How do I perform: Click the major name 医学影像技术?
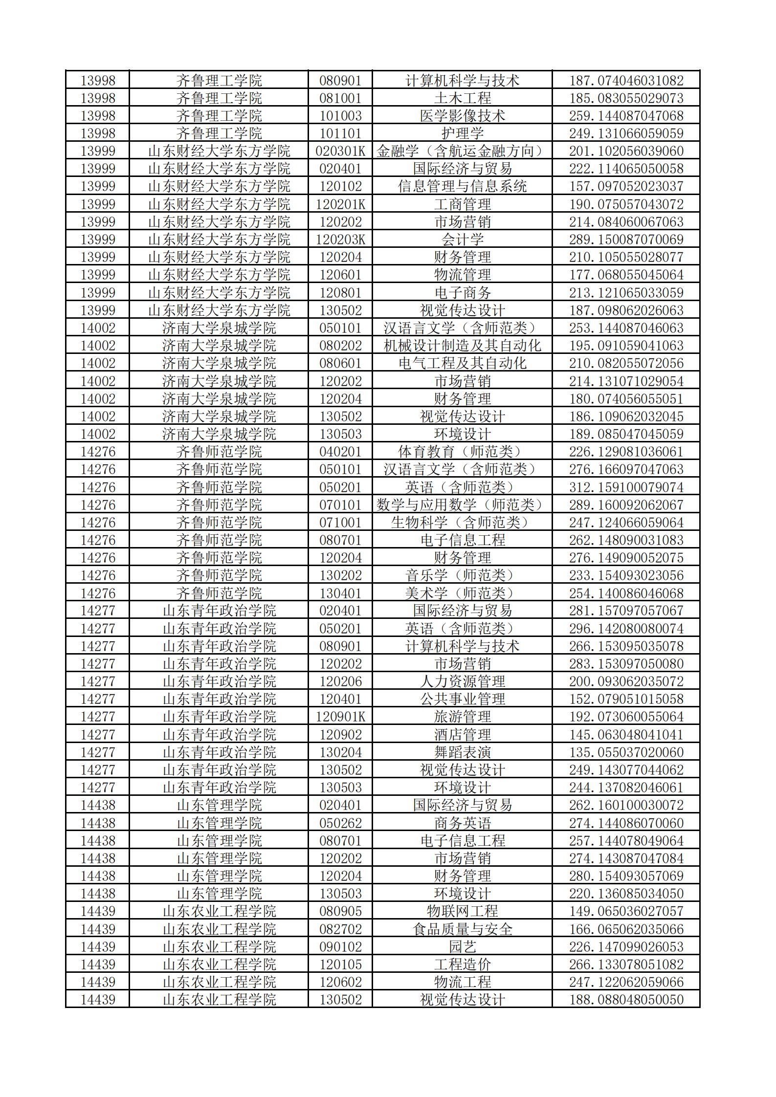[x=462, y=116]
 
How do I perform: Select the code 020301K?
[x=340, y=151]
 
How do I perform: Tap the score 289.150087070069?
[x=626, y=240]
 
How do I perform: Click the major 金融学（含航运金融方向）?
[x=462, y=151]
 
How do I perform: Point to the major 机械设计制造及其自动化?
[x=462, y=346]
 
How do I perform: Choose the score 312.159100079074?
[x=626, y=487]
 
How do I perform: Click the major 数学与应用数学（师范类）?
[x=462, y=505]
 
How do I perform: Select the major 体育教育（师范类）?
[x=462, y=452]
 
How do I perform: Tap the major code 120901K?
[x=340, y=717]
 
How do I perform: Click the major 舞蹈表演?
[x=462, y=752]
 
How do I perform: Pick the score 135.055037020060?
[x=626, y=752]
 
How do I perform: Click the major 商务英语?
[x=462, y=823]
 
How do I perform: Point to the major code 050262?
[x=340, y=823]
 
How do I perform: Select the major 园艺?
[x=462, y=947]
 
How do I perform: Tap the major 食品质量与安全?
[x=462, y=929]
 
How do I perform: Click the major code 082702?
[x=340, y=929]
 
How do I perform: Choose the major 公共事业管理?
[x=462, y=699]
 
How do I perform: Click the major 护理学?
[x=462, y=133]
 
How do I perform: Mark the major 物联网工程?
[x=462, y=911]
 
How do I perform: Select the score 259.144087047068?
[x=626, y=116]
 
